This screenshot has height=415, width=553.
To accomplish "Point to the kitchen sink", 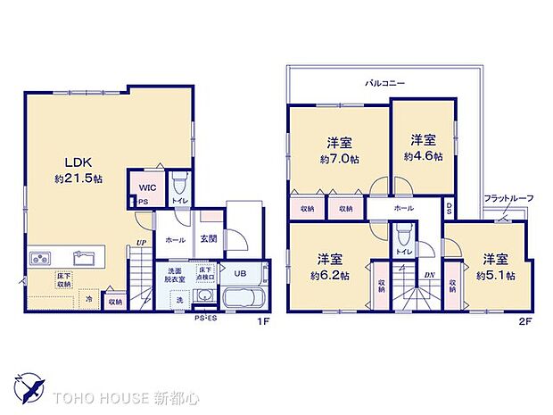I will click(84, 259).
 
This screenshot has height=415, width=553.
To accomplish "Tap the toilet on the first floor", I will click(178, 185).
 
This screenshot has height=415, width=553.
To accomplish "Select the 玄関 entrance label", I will click(209, 238).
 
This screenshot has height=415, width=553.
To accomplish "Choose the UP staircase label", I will click(141, 242).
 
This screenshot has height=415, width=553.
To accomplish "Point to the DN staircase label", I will click(429, 274).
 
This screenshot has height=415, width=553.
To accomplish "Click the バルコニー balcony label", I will click(384, 83).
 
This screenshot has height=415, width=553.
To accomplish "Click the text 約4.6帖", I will click(421, 155).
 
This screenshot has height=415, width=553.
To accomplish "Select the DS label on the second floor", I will click(449, 210).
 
